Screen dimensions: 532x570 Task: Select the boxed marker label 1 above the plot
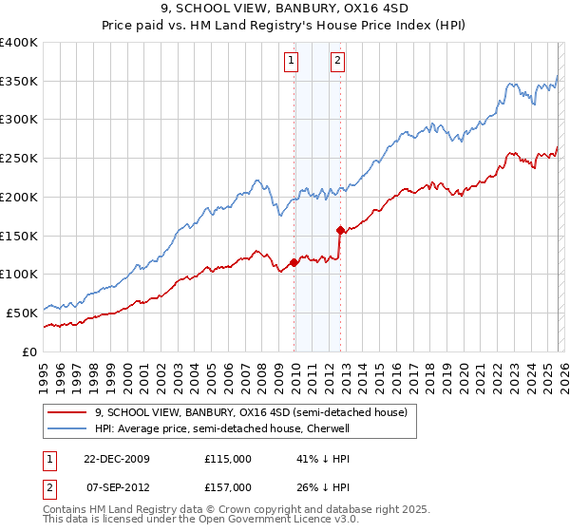click(x=291, y=63)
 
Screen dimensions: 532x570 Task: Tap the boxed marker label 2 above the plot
click(x=337, y=63)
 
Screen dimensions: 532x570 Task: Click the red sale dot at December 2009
click(x=294, y=262)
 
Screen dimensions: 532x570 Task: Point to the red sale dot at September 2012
click(x=339, y=229)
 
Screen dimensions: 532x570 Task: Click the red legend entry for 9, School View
click(x=251, y=412)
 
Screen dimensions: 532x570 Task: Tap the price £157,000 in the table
click(x=228, y=486)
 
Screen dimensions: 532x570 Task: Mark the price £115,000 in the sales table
click(x=228, y=458)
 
